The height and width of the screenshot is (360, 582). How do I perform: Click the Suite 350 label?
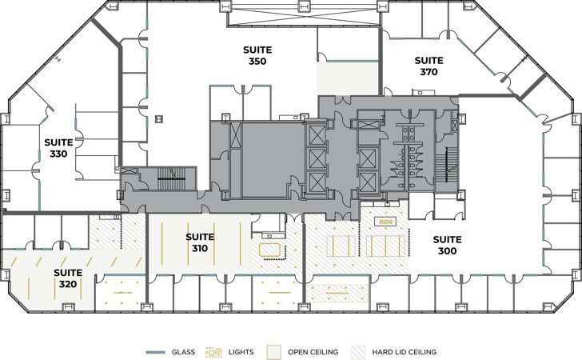point(257,55)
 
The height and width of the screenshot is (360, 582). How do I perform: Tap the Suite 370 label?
point(429,66)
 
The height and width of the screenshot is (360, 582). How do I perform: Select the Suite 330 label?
point(58,148)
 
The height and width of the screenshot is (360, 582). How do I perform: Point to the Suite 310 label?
point(200,242)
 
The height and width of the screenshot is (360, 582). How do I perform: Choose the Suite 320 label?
point(68,278)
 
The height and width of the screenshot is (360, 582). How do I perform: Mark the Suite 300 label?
point(448,245)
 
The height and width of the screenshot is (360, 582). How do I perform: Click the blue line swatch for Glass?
point(157,351)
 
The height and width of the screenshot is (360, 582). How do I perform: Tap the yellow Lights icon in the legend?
point(213,351)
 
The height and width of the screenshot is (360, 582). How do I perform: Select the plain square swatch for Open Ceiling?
point(273,351)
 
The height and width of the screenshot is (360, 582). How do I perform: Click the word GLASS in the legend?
point(183,351)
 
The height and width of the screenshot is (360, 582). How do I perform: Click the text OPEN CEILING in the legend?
point(313,351)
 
